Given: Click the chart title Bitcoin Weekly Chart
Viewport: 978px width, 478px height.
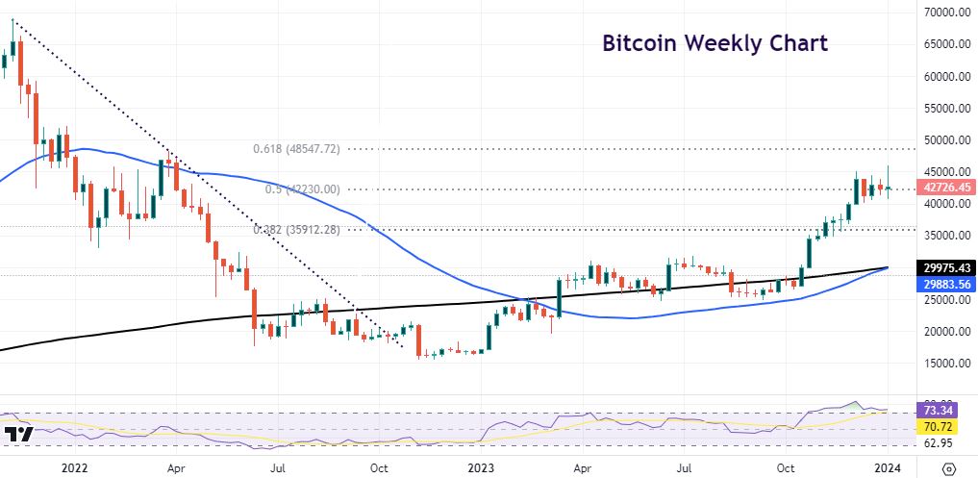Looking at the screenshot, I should coord(715,43).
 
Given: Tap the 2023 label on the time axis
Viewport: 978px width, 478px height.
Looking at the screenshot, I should coord(480,468).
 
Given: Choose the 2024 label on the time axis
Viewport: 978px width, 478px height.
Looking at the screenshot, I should coord(889,468).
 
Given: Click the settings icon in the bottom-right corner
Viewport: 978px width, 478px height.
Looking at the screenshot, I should coord(950,468).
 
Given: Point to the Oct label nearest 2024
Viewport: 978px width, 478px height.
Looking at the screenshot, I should coord(786,468).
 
